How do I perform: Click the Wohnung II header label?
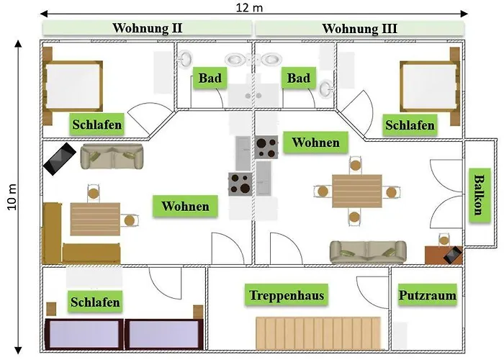point(147,28)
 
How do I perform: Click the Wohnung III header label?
point(359,28)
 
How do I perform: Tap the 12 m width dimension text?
point(249,7)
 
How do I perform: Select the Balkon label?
point(480,195)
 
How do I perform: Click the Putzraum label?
point(428,295)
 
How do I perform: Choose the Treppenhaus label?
point(287,294)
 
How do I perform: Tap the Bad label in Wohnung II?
point(210,78)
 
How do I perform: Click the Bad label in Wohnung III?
point(299,78)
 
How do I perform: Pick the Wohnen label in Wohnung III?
point(315,142)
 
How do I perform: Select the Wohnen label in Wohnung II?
point(185,206)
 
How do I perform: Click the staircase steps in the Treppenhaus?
point(318,333)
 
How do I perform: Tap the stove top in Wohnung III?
point(266,147)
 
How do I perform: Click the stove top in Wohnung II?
point(240,184)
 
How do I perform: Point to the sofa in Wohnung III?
point(368,252)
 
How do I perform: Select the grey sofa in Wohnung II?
point(112,156)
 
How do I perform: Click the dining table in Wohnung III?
point(357,192)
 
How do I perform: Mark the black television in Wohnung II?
point(60,159)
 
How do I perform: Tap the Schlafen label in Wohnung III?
point(410,125)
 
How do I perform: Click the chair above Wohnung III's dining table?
point(355,165)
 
